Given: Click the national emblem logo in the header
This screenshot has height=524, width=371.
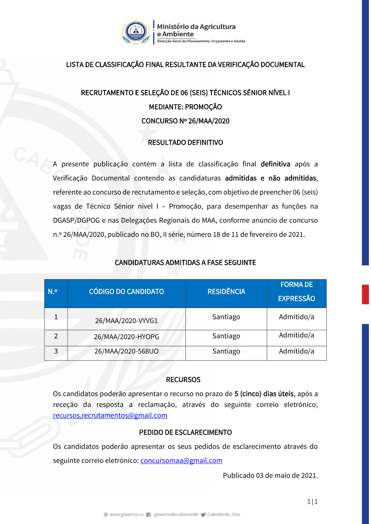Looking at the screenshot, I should [136, 32].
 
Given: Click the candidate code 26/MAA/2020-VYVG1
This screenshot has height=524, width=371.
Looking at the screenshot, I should [126, 321].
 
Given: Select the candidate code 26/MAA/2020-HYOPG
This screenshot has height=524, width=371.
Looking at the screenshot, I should [126, 337].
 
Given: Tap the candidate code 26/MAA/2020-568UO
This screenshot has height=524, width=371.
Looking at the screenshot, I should [126, 351].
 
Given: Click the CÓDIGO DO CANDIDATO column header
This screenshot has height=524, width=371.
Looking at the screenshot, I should [126, 292].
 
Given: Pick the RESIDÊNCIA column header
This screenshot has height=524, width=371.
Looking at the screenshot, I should [226, 292].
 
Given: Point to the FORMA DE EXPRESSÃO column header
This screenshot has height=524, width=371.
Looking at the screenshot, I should [296, 292].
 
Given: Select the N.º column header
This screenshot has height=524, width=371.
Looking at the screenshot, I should [53, 292].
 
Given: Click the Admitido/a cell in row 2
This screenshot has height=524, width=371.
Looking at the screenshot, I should [296, 335].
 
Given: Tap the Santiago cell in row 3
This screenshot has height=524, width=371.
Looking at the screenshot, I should [226, 351].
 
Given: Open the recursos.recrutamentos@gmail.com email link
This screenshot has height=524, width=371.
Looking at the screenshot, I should [110, 415].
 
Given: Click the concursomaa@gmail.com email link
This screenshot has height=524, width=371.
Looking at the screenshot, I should [181, 461].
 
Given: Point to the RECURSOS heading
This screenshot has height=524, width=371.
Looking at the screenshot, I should [183, 380].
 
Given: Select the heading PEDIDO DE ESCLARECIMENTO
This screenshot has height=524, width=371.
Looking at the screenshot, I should [185, 432].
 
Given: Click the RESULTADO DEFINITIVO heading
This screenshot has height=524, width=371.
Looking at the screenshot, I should [185, 143].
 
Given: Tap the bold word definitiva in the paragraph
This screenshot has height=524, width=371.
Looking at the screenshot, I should [275, 164].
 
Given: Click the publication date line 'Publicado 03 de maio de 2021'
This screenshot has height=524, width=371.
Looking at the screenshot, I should [270, 475].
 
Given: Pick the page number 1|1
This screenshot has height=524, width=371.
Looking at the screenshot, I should [312, 502].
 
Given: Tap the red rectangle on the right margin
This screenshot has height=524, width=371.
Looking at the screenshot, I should [365, 295].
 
